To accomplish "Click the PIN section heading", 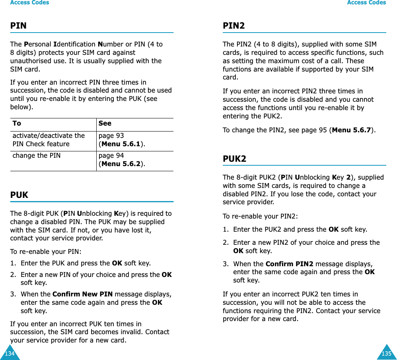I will tap(18, 26).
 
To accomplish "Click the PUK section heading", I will tap(19, 195).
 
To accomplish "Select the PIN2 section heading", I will tap(234, 26).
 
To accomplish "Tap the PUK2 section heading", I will tap(234, 159).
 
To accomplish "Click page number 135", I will tap(386, 353).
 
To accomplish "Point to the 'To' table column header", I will tap(17, 124).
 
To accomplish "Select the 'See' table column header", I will tap(105, 124).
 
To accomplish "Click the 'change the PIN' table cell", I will tap(37, 156).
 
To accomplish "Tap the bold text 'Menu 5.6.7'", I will tap(351, 130).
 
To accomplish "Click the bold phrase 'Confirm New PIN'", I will tap(82, 294).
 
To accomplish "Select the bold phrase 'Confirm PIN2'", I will tap(289, 264).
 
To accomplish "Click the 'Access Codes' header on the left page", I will tap(29, 3).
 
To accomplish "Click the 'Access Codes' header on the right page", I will tap(366, 3).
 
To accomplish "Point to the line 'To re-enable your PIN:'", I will tap(46, 252).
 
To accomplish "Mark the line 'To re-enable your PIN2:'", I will tap(260, 216).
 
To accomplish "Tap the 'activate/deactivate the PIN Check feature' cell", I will tap(49, 140).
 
